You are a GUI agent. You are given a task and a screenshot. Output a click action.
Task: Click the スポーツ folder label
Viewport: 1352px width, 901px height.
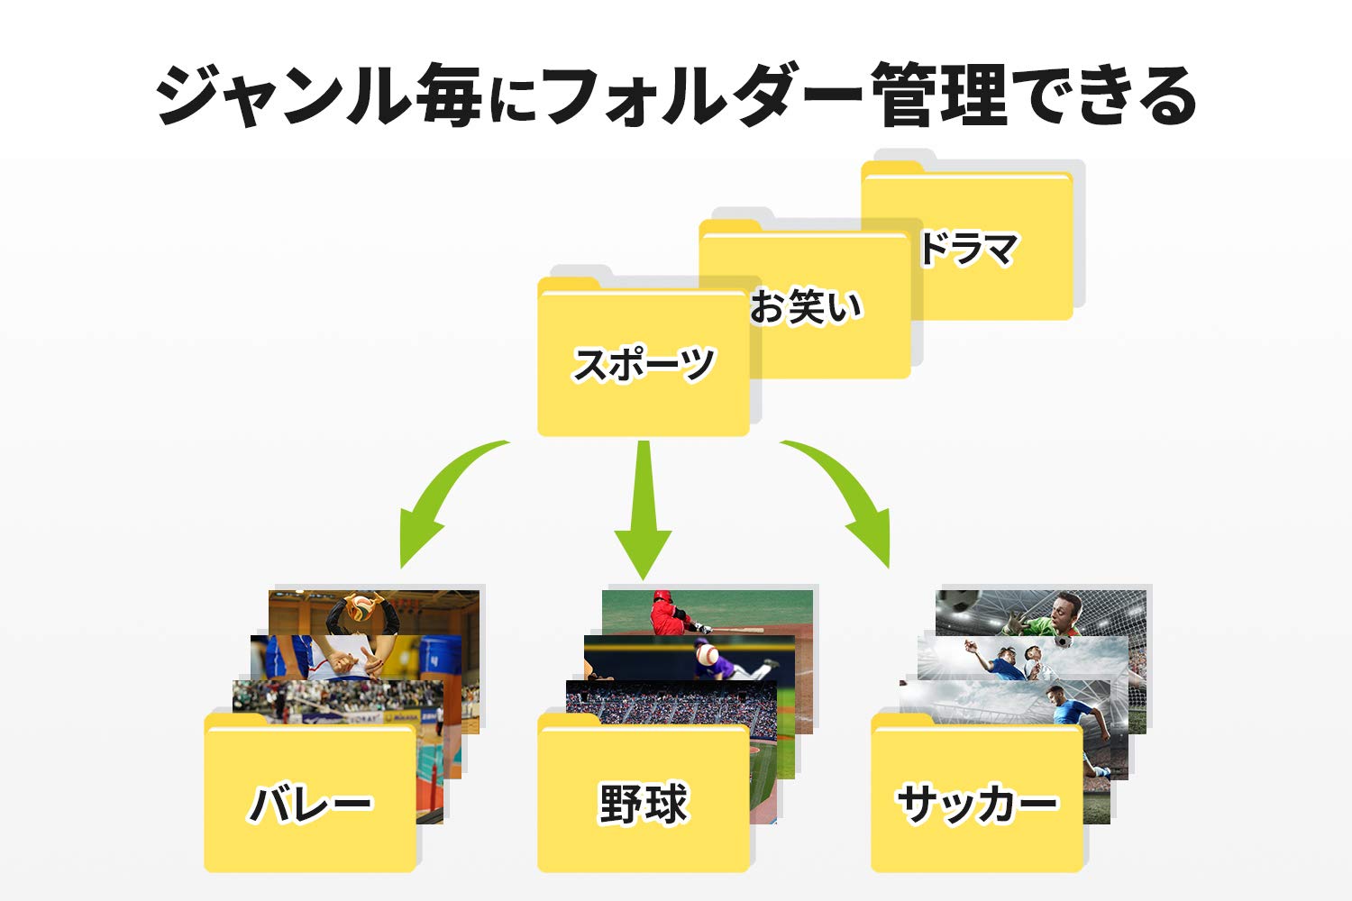pos(644,363)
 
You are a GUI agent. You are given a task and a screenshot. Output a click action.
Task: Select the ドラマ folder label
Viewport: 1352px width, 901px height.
pos(969,249)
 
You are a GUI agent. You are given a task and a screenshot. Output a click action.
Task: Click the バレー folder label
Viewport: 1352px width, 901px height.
pos(310,805)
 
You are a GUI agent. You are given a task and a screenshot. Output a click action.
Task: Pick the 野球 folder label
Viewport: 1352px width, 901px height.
pos(644,805)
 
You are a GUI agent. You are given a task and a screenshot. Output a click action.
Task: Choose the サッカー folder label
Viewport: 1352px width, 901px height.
pos(977,805)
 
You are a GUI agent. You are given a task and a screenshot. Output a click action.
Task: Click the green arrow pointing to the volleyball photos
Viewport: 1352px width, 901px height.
pos(442,505)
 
